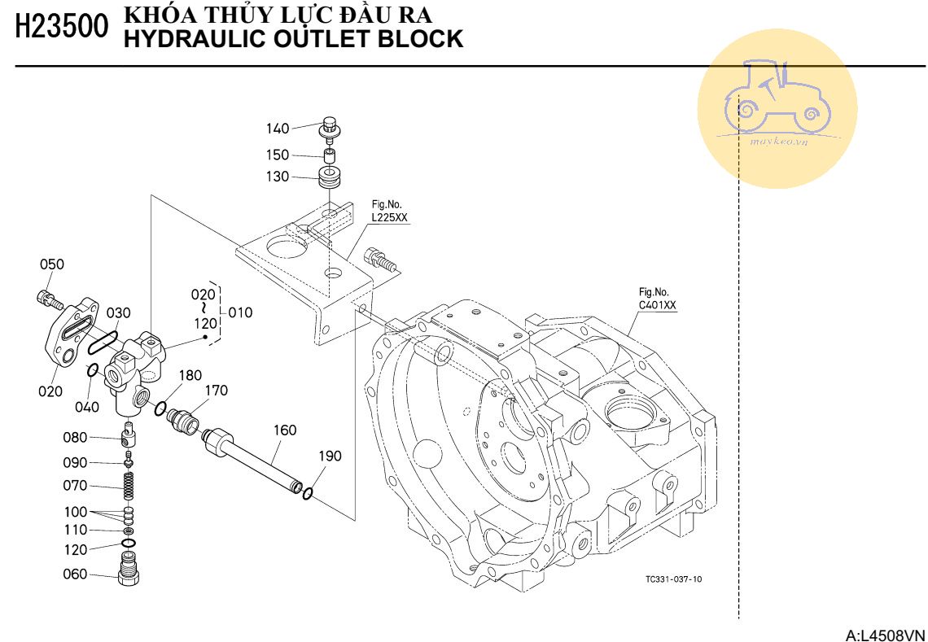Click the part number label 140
point(278,128)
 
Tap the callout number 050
point(52,264)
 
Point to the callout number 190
point(330,456)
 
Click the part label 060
point(75,574)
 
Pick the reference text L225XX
point(390,218)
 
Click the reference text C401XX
point(657,305)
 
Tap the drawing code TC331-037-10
point(672,579)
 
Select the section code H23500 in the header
point(61,27)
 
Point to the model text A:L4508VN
point(886,634)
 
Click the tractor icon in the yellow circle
point(777,96)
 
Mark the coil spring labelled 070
point(128,487)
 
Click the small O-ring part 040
point(93,372)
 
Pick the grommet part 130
point(330,179)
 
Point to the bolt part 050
point(49,299)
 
